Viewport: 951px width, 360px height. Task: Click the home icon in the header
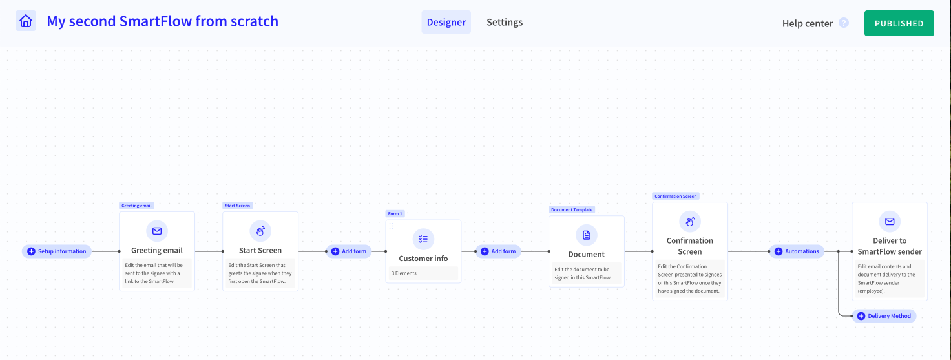click(26, 21)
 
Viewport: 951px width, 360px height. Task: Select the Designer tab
click(446, 22)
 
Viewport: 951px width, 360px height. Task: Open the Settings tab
click(505, 22)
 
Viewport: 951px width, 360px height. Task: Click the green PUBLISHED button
click(899, 23)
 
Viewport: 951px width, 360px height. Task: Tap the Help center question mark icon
click(844, 23)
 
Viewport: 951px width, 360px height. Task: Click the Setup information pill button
click(57, 251)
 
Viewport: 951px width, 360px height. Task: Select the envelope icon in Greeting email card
click(157, 231)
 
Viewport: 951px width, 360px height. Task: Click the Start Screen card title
click(260, 251)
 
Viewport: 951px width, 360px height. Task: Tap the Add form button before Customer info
click(349, 251)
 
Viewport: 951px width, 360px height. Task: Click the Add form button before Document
click(498, 251)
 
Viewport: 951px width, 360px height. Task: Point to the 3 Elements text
click(404, 273)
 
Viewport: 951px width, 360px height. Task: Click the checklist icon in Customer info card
click(423, 239)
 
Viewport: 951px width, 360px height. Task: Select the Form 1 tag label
click(395, 213)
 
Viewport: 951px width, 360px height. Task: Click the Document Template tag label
click(572, 209)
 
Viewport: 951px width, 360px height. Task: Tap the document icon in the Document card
click(587, 235)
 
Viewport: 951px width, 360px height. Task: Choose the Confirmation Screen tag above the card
click(676, 196)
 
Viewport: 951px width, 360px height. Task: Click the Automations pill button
click(797, 251)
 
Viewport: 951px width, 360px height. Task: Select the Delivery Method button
click(884, 316)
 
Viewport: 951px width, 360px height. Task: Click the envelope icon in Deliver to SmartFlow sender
click(890, 221)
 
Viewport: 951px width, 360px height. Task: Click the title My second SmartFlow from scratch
click(163, 21)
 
